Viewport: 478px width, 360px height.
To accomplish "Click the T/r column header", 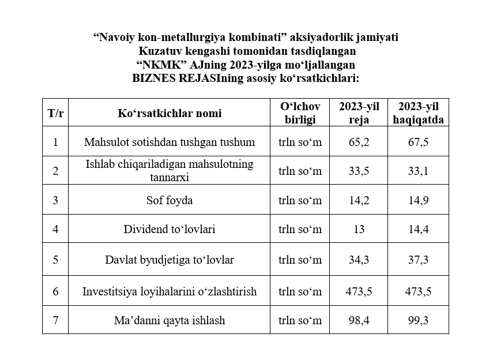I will (x=55, y=113).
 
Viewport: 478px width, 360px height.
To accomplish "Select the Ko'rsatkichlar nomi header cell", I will (x=169, y=113).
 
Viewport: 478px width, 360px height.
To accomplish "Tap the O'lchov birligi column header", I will (x=300, y=113).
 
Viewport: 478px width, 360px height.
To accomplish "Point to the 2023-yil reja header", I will (x=359, y=113).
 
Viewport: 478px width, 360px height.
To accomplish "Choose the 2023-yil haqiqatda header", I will (x=418, y=113).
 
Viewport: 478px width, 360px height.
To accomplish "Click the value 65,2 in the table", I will (x=359, y=142).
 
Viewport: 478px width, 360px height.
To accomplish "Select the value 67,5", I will (x=418, y=142).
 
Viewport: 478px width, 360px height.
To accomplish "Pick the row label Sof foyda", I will (x=169, y=201).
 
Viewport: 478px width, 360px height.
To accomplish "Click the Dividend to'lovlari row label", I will (x=169, y=230).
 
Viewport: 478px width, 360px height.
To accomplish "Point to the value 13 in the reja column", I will (x=359, y=230).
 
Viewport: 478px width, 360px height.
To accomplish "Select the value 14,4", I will (x=418, y=230).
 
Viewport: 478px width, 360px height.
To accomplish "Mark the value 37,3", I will (x=418, y=260).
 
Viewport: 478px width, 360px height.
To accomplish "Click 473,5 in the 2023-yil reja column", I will (x=359, y=291).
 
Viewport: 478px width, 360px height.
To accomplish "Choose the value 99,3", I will (x=418, y=320).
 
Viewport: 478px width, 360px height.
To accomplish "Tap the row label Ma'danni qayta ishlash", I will (x=169, y=320).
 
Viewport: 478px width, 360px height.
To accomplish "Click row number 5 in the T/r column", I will (x=55, y=260).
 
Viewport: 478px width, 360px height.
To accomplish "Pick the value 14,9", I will (x=418, y=201).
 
